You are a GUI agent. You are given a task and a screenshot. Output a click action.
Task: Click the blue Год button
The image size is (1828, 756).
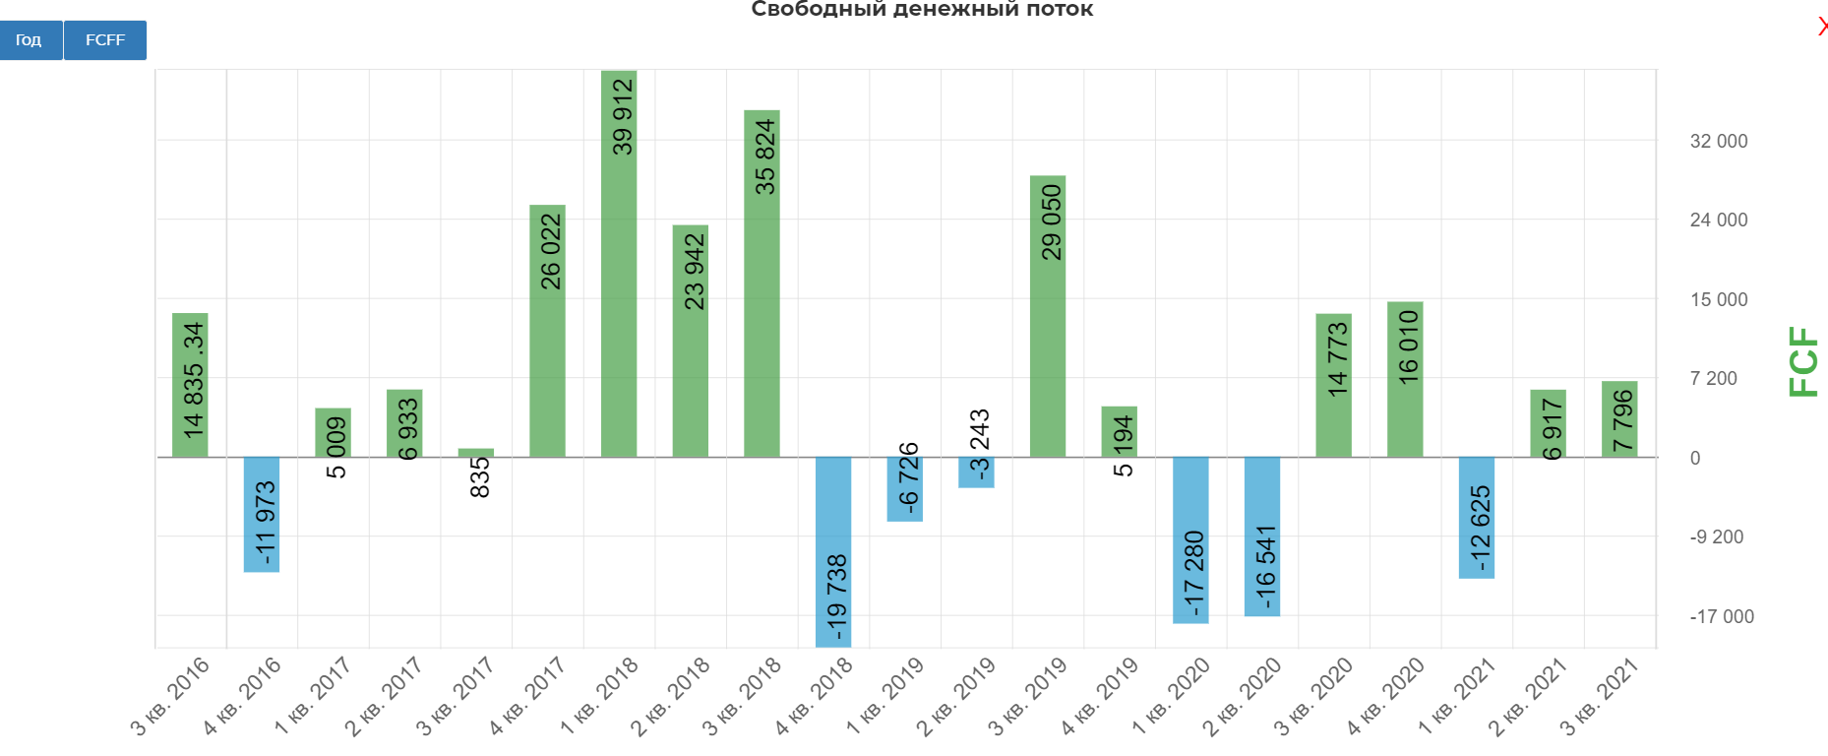click(30, 40)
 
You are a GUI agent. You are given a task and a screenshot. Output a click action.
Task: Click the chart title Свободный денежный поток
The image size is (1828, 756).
click(922, 10)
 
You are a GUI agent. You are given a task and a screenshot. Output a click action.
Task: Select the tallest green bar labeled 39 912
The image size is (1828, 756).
click(619, 264)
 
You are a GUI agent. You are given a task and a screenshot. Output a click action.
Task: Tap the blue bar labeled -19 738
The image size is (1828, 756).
click(833, 551)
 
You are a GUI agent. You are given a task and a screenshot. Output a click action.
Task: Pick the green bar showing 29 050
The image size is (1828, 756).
click(1048, 316)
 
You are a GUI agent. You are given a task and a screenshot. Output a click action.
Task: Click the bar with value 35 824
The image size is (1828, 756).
click(762, 283)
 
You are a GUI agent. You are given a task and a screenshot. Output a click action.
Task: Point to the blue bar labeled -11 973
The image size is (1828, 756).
click(262, 514)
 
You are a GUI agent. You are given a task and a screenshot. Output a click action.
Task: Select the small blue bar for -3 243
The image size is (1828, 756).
click(976, 472)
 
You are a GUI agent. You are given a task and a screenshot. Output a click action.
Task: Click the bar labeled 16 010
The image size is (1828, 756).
click(1405, 379)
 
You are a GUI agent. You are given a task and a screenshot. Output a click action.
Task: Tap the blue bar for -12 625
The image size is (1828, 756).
click(1477, 518)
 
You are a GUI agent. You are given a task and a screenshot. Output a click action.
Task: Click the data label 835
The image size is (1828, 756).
click(479, 477)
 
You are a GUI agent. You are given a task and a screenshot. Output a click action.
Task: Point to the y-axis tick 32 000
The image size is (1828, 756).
click(1718, 142)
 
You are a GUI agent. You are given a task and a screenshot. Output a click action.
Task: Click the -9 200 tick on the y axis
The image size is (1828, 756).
click(1716, 537)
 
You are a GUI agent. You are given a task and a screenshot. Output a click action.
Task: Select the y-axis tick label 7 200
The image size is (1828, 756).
click(1713, 379)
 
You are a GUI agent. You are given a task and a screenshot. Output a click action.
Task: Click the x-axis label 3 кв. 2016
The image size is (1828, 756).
click(171, 695)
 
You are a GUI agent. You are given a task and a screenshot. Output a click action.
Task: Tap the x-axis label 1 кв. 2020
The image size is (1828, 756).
click(1172, 695)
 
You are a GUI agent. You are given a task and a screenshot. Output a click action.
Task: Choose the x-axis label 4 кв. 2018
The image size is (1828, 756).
click(815, 695)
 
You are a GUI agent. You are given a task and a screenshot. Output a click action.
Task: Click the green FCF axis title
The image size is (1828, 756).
click(1803, 361)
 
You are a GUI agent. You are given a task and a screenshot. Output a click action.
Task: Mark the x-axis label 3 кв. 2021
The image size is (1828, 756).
click(1601, 695)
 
